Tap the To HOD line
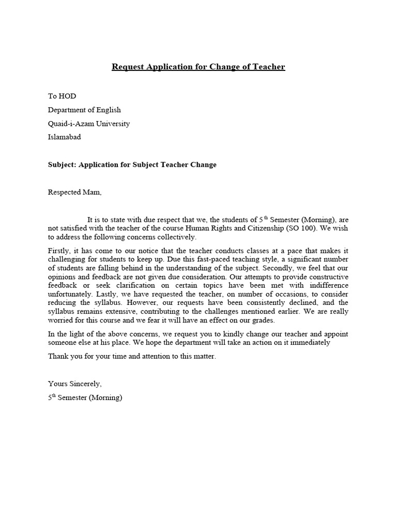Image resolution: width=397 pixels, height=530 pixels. coord(62,96)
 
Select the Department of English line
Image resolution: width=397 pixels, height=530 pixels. coord(84,110)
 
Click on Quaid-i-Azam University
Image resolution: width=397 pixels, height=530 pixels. coord(89,124)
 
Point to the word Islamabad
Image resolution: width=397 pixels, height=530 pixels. coord(65,137)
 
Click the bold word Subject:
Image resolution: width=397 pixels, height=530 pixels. coord(62,165)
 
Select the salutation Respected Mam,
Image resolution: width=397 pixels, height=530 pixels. coord(75,192)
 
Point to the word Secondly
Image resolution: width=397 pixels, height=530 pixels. coord(280,268)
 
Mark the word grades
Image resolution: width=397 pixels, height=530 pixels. coord(262,320)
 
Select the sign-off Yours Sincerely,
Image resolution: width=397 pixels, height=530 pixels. coord(75,384)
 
